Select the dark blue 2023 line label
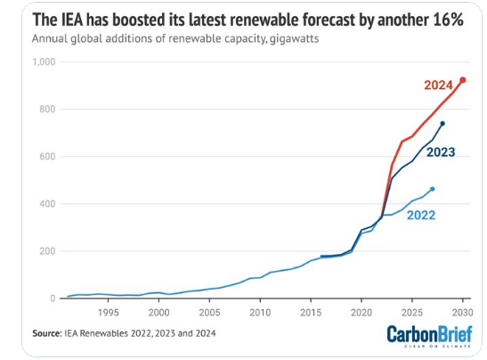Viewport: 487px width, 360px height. coord(441,151)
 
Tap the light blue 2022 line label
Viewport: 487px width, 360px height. coord(422,215)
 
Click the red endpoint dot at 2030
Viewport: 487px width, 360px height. coord(463,80)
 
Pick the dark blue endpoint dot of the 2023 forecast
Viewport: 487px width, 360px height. coord(442,124)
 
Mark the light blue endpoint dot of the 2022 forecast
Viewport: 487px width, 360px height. coord(433,189)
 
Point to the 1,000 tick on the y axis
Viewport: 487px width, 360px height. coord(45,62)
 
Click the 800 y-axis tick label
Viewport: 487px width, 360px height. coord(48,110)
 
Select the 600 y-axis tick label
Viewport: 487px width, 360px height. coord(48,157)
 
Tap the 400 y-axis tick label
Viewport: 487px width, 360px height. coord(48,204)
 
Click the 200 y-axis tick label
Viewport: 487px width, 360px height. coord(48,251)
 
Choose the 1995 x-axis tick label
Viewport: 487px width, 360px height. coord(108,313)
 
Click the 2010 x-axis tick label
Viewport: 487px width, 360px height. coord(259,313)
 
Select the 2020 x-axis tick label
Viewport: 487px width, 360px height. coord(361,313)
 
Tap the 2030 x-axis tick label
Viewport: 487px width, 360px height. coord(461,313)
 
